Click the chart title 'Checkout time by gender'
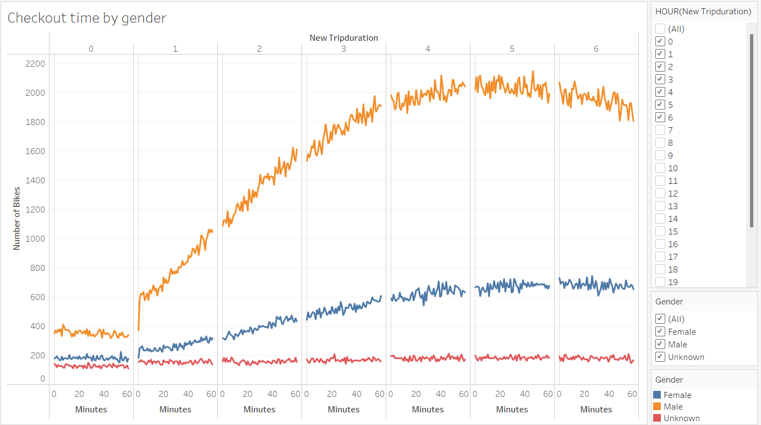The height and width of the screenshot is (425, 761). click(87, 18)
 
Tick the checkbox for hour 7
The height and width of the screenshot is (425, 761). click(660, 130)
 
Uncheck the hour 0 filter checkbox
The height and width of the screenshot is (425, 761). click(660, 41)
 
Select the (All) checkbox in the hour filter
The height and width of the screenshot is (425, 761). click(660, 29)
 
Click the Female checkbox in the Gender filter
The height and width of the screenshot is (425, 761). click(660, 332)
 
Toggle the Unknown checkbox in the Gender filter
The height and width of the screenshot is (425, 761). click(660, 357)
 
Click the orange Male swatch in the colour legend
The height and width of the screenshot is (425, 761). click(656, 407)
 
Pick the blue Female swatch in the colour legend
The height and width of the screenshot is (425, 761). click(656, 395)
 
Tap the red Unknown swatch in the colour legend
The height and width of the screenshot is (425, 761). click(656, 418)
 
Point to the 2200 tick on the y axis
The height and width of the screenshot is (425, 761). click(35, 63)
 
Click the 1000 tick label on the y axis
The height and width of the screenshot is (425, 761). click(35, 239)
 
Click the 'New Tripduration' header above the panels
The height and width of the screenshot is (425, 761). click(343, 38)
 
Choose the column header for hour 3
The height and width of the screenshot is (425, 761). click(344, 48)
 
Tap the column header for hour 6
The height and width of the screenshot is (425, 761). click(596, 48)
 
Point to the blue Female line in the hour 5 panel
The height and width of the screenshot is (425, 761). click(512, 285)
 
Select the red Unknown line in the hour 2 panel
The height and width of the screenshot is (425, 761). click(259, 361)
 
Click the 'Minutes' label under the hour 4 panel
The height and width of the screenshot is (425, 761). click(428, 410)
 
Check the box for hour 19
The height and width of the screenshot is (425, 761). click(660, 282)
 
